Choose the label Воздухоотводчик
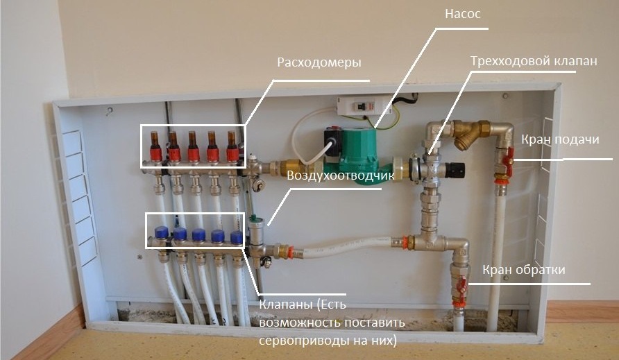point(341,176)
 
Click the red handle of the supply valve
point(509,161)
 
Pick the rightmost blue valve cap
point(237,237)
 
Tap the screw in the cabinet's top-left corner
point(108,110)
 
